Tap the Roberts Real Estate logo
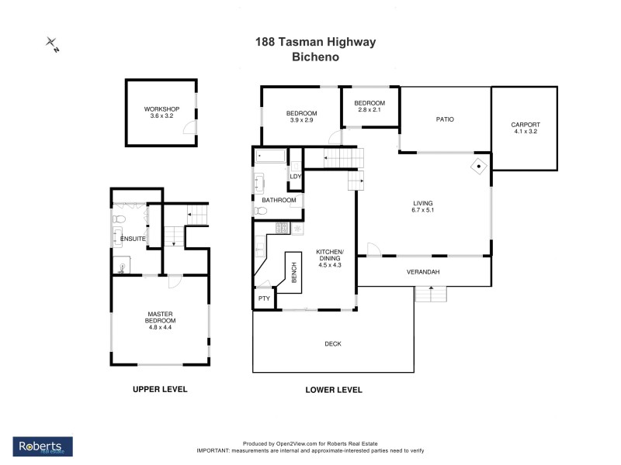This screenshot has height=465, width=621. click(x=43, y=446)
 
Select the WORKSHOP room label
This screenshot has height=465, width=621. click(x=161, y=109)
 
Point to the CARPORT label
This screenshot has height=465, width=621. click(x=525, y=125)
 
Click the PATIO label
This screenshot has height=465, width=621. click(x=444, y=119)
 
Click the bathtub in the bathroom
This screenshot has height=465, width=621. click(x=271, y=157)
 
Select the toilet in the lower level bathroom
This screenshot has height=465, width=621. click(x=260, y=210)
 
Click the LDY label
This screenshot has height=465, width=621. click(x=295, y=176)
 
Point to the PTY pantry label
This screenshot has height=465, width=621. click(x=264, y=298)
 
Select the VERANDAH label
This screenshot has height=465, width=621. click(x=423, y=272)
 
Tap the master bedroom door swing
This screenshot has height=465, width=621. click(x=175, y=282)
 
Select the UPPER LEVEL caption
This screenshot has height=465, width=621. click(x=160, y=389)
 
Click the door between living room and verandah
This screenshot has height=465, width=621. click(x=373, y=250)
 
